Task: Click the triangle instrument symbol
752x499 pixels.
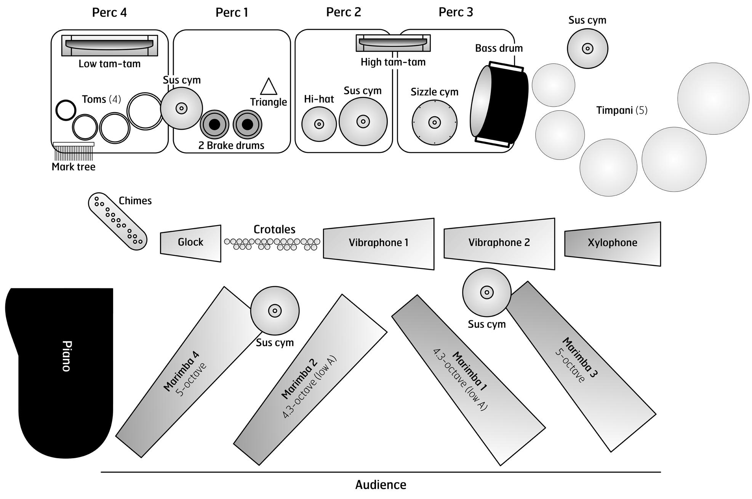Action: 269,87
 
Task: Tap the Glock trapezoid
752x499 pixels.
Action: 190,243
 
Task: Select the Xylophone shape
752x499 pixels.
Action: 612,243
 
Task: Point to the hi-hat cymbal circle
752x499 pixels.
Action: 319,124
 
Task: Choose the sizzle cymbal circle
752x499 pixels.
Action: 434,122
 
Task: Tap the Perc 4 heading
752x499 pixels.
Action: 109,13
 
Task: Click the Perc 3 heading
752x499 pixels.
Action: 456,12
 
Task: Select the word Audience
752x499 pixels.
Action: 381,485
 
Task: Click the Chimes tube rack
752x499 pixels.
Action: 117,221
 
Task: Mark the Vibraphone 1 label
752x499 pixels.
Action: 378,243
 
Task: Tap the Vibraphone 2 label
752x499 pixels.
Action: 499,243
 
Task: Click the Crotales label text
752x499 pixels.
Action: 274,229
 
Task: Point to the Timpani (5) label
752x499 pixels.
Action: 622,111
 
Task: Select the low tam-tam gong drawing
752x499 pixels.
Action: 110,45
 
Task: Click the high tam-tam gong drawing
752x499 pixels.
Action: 393,43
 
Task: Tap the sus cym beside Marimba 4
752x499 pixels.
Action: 275,311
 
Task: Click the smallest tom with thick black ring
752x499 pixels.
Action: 66,110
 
